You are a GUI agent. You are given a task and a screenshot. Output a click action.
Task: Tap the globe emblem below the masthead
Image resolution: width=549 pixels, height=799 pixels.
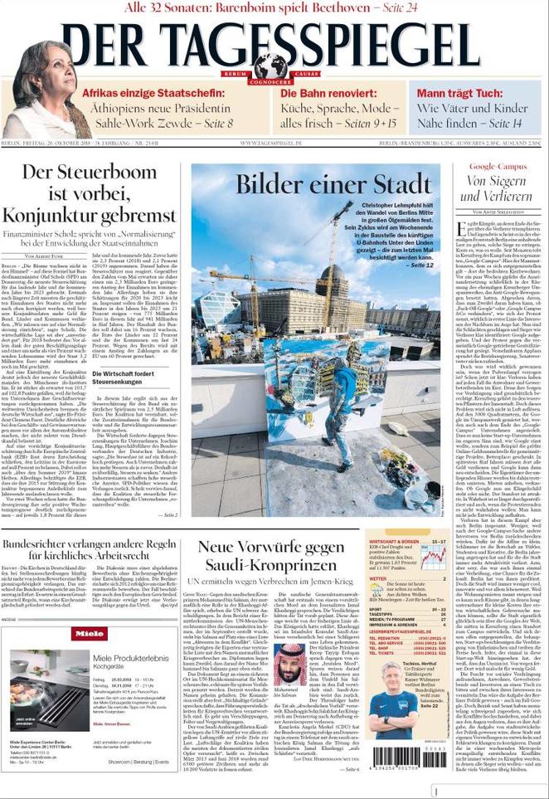tap(270, 66)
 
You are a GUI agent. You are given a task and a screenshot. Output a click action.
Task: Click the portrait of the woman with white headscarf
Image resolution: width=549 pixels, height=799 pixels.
tap(46, 91)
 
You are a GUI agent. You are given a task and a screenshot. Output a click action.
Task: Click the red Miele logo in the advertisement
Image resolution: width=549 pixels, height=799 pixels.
tap(90, 633)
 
